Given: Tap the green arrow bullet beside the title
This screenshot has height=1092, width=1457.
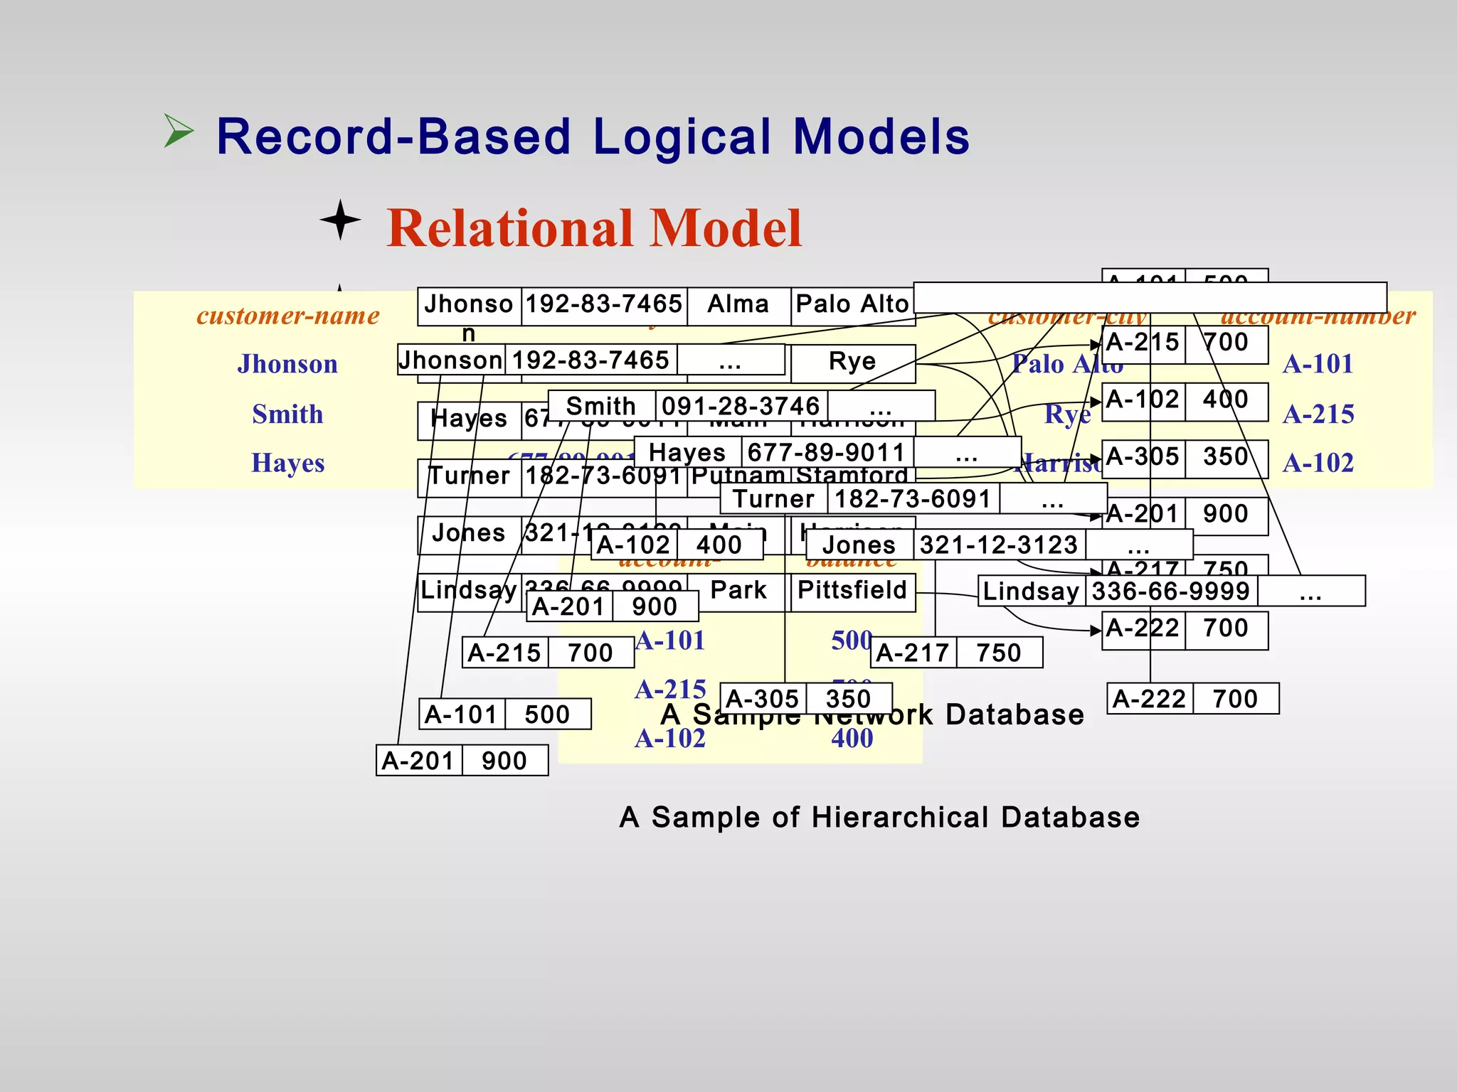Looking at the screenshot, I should point(178,131).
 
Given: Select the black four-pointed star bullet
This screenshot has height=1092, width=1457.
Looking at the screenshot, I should point(340,220).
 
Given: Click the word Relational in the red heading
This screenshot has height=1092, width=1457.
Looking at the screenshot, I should point(512,228).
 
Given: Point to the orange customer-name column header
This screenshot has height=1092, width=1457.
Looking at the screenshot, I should point(288,315).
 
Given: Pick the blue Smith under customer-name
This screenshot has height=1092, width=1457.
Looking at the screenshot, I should point(287,414).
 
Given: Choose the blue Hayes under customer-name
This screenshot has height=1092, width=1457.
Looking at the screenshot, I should point(287,463).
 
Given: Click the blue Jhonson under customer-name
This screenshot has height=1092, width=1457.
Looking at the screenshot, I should point(287,364).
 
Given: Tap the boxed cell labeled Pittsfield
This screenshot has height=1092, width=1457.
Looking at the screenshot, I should point(852,590).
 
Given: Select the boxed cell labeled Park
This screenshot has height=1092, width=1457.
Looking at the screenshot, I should point(738,590).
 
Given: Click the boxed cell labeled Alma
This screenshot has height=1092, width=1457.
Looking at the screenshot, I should point(738,304).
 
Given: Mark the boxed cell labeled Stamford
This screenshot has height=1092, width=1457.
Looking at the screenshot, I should point(852,475).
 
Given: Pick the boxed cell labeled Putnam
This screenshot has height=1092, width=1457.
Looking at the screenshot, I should point(738,475).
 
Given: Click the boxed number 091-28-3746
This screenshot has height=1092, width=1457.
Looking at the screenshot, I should point(741,406).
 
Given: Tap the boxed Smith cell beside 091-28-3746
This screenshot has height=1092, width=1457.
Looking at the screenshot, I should point(601,406).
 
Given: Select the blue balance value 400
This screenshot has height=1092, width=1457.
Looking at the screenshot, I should point(852,739).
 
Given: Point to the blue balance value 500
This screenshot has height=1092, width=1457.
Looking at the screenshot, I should point(852,641).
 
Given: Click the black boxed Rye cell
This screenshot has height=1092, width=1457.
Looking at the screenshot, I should point(852,362).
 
